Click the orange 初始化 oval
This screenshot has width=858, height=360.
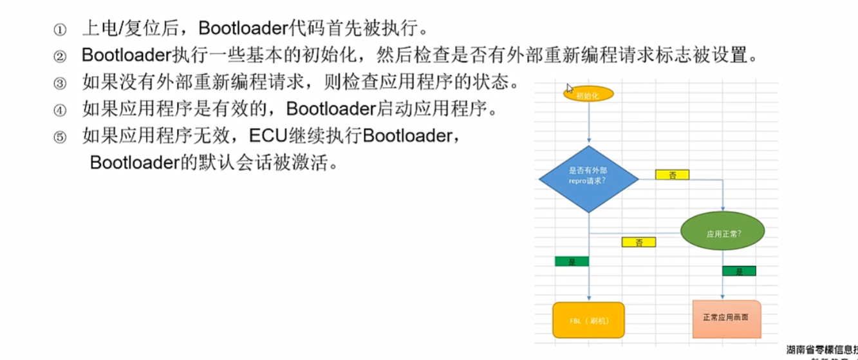pos(588,95)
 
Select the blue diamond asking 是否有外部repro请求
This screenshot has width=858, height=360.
pos(588,175)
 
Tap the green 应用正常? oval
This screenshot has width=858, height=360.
pos(723,233)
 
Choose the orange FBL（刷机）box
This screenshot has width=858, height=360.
pos(588,320)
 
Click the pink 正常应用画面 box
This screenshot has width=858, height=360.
pos(726,318)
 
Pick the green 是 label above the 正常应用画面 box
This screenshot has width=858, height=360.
pos(739,271)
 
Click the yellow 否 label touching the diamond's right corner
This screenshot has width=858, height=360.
pos(672,175)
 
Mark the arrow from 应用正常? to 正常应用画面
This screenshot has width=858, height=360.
pos(723,277)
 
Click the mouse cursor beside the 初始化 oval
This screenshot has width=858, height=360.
pos(569,88)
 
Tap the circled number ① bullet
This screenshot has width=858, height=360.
pos(60,30)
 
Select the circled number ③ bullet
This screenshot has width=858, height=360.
pos(60,84)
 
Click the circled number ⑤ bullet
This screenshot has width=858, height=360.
pos(60,137)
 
